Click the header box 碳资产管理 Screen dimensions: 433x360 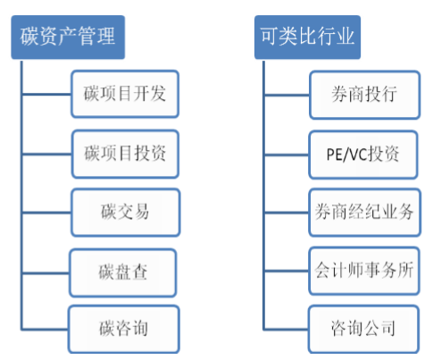68,38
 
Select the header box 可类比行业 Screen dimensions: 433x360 307,38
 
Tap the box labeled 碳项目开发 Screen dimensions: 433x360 125,94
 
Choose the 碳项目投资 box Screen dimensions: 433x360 125,154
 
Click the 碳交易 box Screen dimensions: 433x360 126,213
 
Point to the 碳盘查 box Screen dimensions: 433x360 123,272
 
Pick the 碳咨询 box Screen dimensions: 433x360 124,329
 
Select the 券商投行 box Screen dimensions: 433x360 364,95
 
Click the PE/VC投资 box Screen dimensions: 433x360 363,155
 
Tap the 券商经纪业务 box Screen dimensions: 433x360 364,213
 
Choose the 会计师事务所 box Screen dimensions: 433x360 364,271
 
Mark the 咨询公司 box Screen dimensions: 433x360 363,329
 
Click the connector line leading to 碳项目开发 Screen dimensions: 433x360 46,95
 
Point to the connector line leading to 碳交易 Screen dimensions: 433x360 46,213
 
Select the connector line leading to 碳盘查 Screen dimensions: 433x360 46,272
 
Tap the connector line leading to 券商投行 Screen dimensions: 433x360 287,96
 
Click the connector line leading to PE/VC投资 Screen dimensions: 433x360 287,155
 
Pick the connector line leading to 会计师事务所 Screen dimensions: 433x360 287,271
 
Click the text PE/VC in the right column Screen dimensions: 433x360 347,155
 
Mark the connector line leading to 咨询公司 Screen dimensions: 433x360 287,330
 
